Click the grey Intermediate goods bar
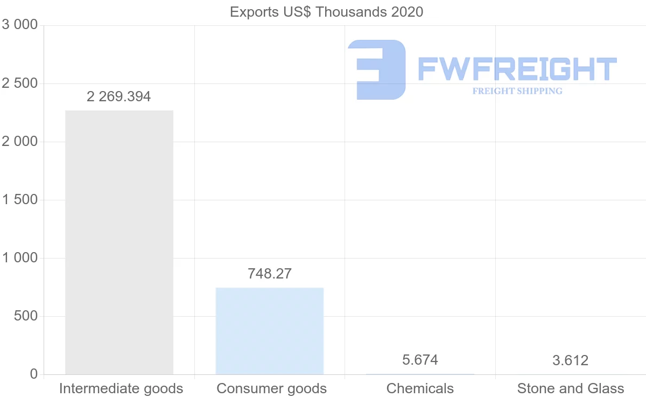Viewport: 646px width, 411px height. pyautogui.click(x=119, y=242)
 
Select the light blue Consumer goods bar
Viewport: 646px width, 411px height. pyautogui.click(x=270, y=331)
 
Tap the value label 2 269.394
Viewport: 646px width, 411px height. pyautogui.click(x=119, y=97)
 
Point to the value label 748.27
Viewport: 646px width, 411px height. pyautogui.click(x=270, y=274)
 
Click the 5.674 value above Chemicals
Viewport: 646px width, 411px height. pyautogui.click(x=420, y=360)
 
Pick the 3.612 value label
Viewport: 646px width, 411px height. pyautogui.click(x=571, y=360)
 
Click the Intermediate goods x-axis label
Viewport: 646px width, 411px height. pyautogui.click(x=121, y=388)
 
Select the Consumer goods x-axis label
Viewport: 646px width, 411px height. pyautogui.click(x=271, y=388)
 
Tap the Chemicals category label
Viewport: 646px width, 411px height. pyautogui.click(x=420, y=388)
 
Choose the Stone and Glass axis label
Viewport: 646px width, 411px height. pyautogui.click(x=571, y=388)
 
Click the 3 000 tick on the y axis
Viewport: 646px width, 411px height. pyautogui.click(x=20, y=25)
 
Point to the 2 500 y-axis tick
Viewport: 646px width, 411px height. pyautogui.click(x=20, y=83)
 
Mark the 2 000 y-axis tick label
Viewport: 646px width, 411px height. pyautogui.click(x=20, y=142)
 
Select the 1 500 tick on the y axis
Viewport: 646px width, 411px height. pyautogui.click(x=20, y=200)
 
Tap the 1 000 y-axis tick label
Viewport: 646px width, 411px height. pyautogui.click(x=20, y=258)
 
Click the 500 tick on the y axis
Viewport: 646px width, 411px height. pyautogui.click(x=25, y=316)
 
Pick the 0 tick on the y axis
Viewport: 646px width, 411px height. pyautogui.click(x=33, y=374)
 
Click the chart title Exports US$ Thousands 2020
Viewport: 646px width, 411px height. pyautogui.click(x=326, y=12)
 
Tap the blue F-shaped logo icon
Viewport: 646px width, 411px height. pyautogui.click(x=376, y=69)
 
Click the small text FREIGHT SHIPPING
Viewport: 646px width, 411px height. pyautogui.click(x=517, y=91)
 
